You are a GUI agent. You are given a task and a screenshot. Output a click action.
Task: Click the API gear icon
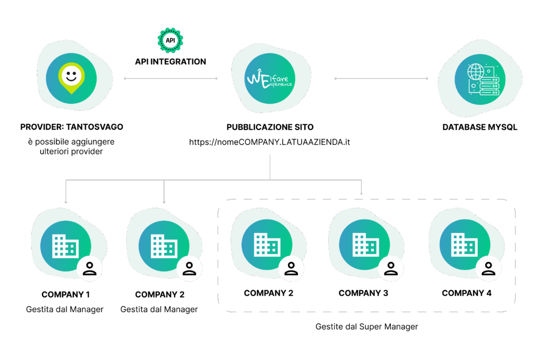(x=170, y=40)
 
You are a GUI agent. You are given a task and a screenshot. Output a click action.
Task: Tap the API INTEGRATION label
(x=170, y=62)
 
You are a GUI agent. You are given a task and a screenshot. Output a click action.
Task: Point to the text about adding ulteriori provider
(x=71, y=147)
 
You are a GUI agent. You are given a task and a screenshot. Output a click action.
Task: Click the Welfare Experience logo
(x=271, y=80)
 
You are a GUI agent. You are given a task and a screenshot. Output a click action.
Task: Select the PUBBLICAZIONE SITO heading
(x=270, y=127)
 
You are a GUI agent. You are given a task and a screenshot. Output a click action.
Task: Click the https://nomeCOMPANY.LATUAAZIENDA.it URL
(x=270, y=142)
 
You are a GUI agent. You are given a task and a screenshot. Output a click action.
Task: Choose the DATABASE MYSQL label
(x=479, y=127)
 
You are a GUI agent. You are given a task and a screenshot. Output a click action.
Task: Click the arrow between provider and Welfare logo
(x=170, y=79)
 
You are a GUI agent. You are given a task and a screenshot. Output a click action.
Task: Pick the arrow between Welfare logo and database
(x=381, y=79)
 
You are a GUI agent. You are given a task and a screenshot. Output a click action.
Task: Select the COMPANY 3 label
(x=363, y=293)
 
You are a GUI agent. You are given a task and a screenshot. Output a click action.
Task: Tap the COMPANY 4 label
(x=467, y=293)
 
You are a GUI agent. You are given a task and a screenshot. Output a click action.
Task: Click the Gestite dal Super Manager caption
(x=367, y=327)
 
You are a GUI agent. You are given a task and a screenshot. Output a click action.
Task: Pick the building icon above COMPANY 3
(x=365, y=245)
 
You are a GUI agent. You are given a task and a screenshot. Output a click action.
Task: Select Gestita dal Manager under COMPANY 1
(x=64, y=309)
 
